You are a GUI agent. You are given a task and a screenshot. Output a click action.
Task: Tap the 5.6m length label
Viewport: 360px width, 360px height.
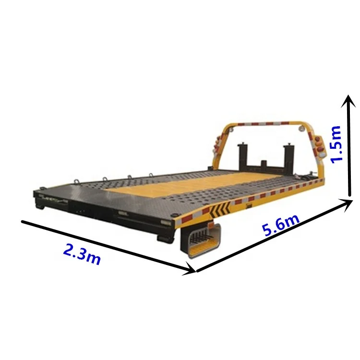click(x=281, y=224)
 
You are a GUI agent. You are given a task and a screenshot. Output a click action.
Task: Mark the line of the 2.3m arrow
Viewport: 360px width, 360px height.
click(x=106, y=245)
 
